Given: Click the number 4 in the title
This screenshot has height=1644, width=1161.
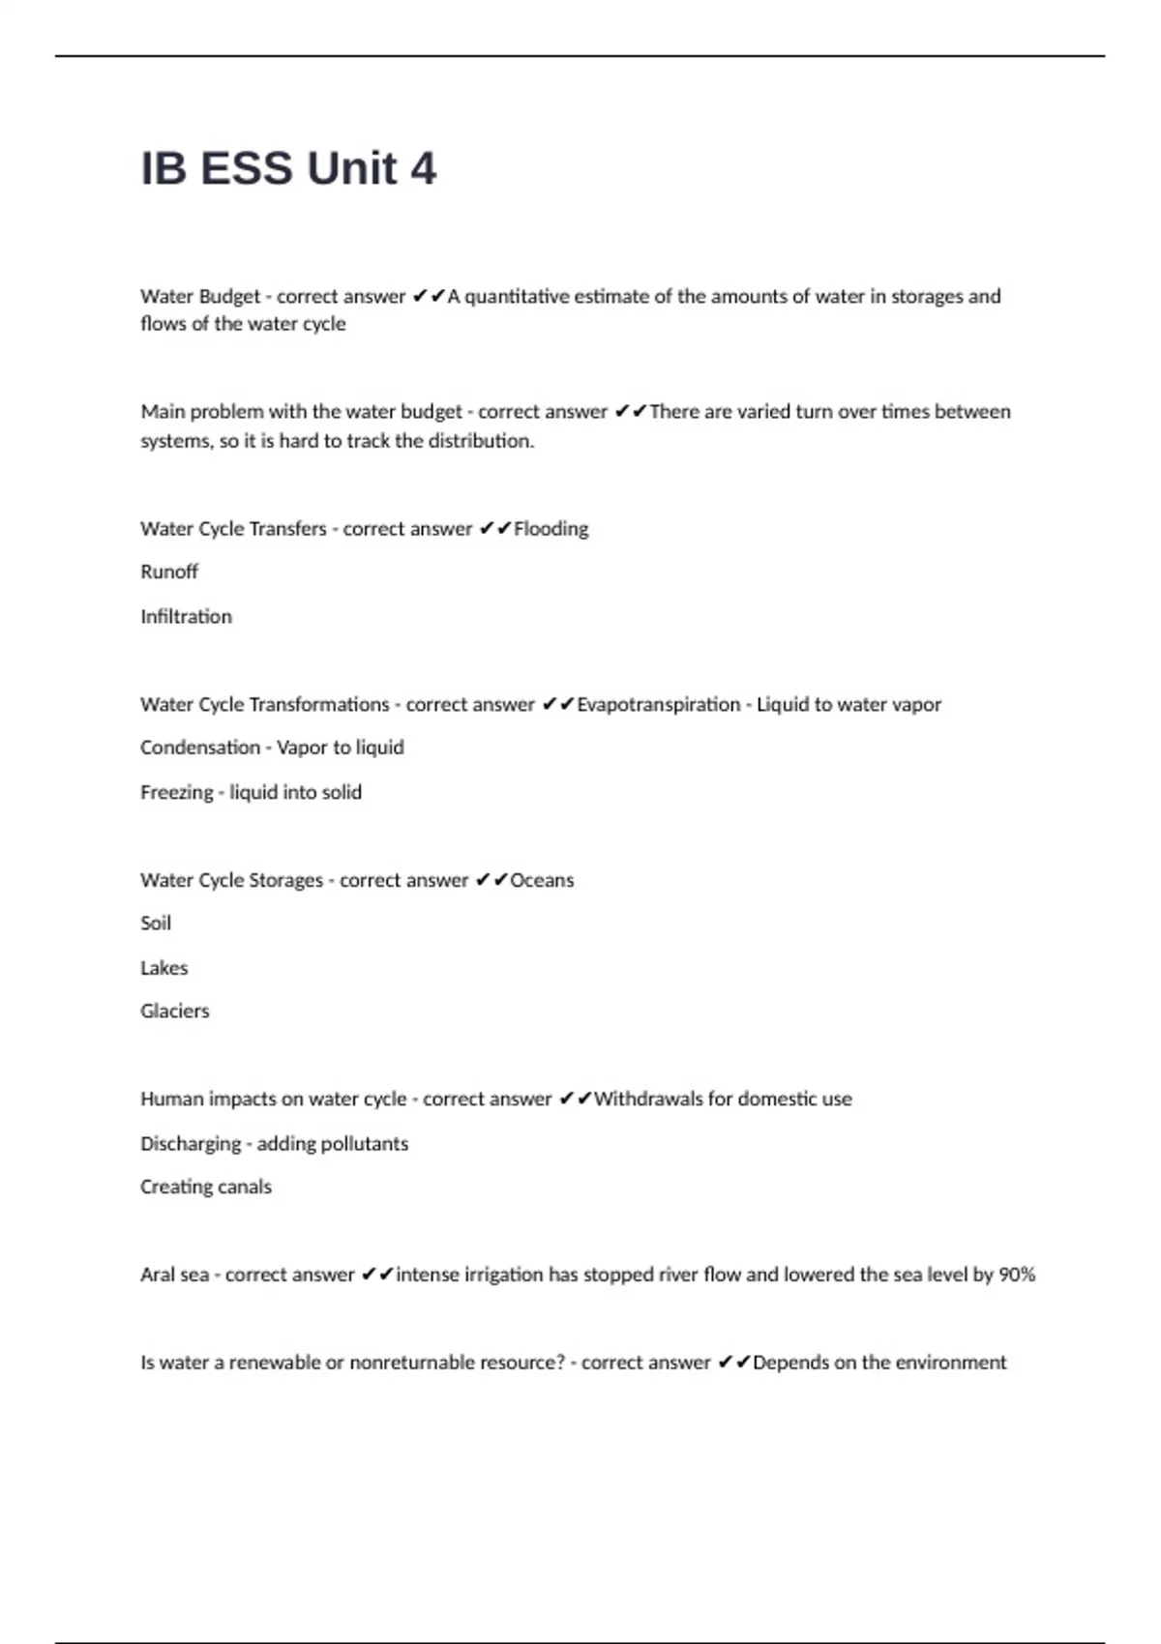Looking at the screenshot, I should point(423,169).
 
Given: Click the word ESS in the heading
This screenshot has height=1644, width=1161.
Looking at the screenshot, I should point(246,169).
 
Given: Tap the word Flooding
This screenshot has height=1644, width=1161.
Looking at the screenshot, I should point(551,529).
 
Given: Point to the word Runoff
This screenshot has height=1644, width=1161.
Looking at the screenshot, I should point(169,572).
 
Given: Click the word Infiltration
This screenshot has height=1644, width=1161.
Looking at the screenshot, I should point(186,616).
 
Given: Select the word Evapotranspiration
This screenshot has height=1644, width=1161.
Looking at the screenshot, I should point(658,704).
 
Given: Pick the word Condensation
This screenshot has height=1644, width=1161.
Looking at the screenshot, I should point(200,748).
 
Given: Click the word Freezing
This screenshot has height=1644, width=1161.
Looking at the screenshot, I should point(176,792).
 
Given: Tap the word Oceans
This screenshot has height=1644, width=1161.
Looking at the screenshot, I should point(542,880).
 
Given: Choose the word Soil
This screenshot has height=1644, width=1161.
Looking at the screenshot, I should point(156,923).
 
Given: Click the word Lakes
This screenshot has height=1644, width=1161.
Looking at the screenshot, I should point(164,967).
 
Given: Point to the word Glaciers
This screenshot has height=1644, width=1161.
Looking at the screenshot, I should point(175,1011).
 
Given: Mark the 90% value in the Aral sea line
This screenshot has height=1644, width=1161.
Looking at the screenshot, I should point(1017,1275).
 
